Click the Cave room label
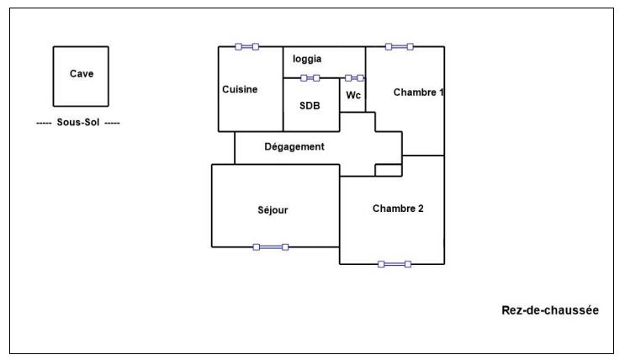[x=81, y=73]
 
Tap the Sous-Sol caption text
[x=79, y=123]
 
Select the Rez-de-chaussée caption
[x=550, y=310]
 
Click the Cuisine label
[x=240, y=90]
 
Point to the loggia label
[x=307, y=59]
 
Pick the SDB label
[x=310, y=106]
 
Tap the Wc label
[x=353, y=95]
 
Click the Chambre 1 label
[x=418, y=93]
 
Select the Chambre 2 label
[x=397, y=209]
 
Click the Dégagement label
[x=294, y=146]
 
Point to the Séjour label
[x=273, y=210]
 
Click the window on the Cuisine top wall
[x=247, y=47]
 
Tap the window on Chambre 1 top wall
[x=399, y=47]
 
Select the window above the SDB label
[x=310, y=78]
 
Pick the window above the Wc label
[x=354, y=78]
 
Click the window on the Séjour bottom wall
[x=271, y=247]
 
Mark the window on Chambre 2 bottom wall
[x=395, y=264]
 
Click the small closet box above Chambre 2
[x=388, y=171]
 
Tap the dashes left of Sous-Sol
[x=45, y=123]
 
